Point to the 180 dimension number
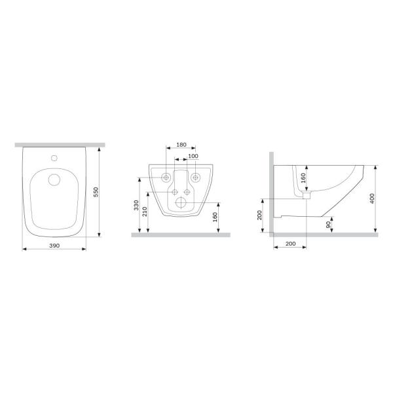(x=181, y=145)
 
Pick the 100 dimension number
(x=193, y=156)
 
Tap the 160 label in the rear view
(x=214, y=217)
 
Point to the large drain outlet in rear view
(x=181, y=200)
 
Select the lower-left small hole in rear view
(x=174, y=191)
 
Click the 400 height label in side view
(x=371, y=198)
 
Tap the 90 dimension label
(x=328, y=223)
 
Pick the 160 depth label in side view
(x=303, y=178)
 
